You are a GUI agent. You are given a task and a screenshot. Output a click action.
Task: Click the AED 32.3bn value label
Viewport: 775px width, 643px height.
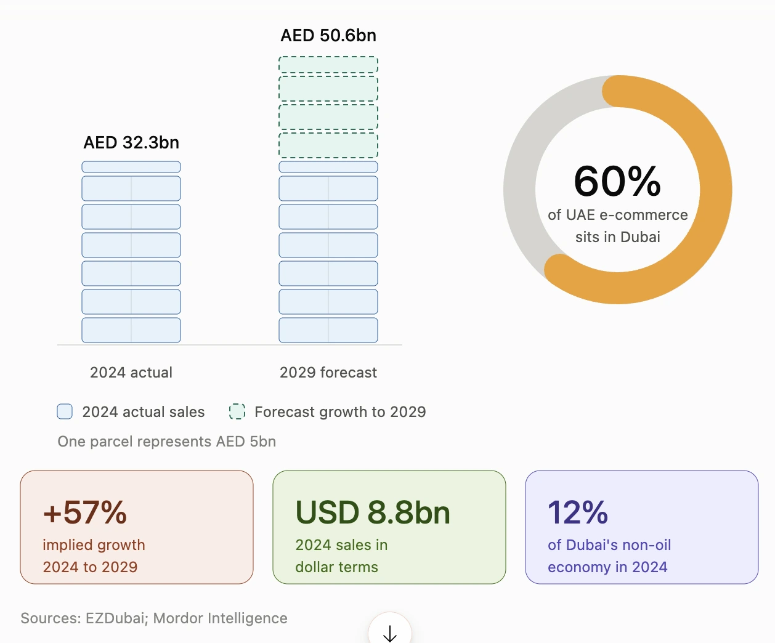(x=131, y=142)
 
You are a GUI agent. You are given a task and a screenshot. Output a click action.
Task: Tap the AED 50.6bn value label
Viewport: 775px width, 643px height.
(x=328, y=36)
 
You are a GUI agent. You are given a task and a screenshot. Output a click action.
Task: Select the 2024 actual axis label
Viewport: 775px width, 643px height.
(x=131, y=373)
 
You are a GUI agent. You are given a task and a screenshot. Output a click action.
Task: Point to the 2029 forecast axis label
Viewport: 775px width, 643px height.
(x=328, y=373)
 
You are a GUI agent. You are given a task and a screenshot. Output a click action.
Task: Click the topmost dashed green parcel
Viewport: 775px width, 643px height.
(x=328, y=65)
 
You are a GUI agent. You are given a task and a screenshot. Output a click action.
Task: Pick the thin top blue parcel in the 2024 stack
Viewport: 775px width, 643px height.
(x=131, y=167)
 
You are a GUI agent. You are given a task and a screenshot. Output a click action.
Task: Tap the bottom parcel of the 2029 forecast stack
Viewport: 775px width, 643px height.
(x=328, y=330)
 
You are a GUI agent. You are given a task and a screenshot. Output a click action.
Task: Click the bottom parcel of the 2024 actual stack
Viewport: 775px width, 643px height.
(x=131, y=330)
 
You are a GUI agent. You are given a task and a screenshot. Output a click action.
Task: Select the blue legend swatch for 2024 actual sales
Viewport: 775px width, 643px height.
(x=65, y=411)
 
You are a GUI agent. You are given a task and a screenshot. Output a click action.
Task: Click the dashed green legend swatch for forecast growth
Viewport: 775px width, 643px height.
(x=237, y=411)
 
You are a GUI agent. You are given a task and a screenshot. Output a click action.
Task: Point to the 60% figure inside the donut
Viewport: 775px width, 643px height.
(x=617, y=182)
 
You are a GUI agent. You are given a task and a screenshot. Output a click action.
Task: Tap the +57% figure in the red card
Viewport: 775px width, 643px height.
(x=85, y=512)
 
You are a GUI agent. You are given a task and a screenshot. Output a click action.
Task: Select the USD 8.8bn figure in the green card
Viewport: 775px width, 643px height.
(x=373, y=512)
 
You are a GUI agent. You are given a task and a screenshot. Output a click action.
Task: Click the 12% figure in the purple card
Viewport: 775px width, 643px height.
(x=577, y=512)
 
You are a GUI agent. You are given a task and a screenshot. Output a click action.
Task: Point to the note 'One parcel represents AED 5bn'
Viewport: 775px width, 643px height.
(x=167, y=442)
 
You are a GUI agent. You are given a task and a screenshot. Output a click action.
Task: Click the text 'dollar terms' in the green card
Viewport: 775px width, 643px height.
(x=336, y=567)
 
